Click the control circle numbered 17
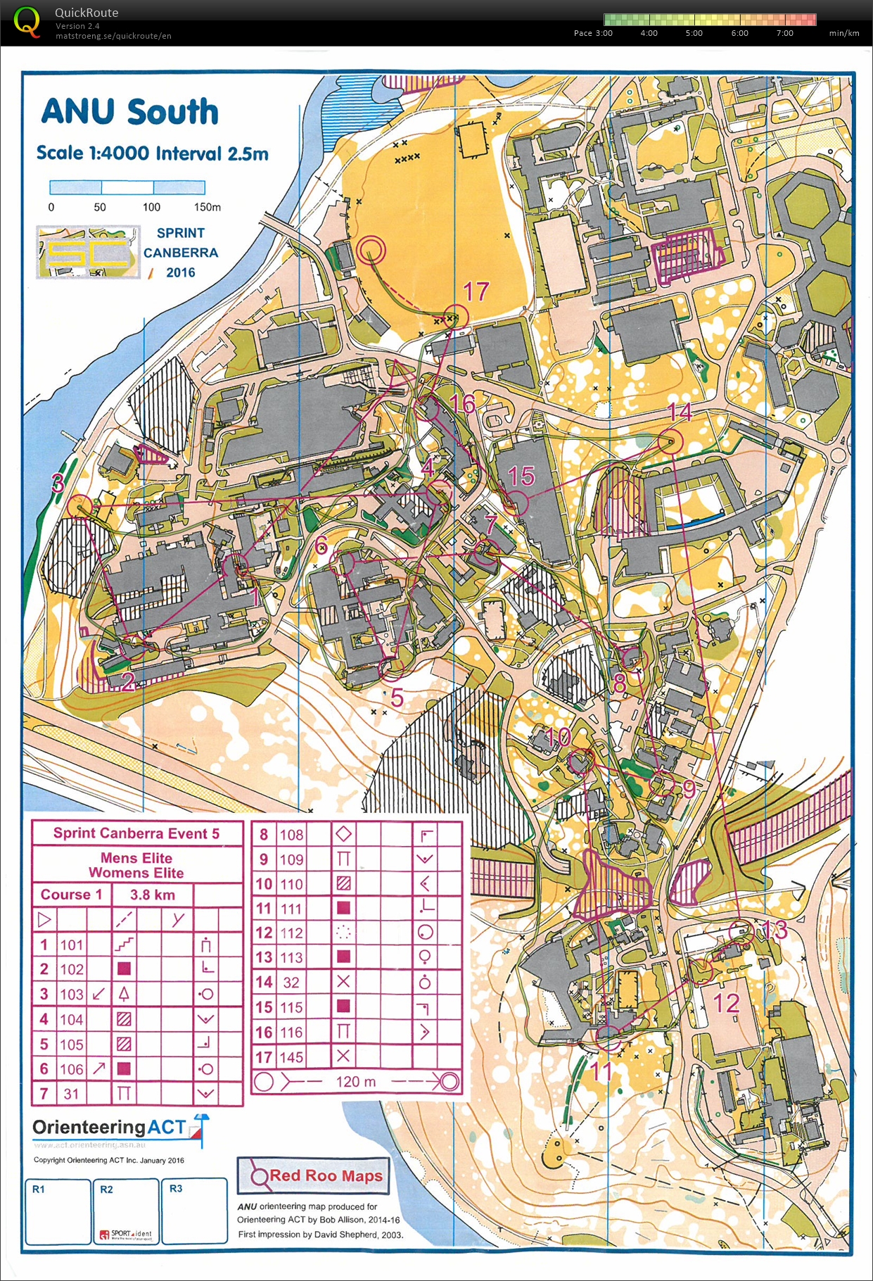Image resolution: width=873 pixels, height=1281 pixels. tap(456, 317)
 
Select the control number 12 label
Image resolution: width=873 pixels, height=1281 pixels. tap(727, 1003)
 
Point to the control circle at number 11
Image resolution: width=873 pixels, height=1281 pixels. tap(608, 1036)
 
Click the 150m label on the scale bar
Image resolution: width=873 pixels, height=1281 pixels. tap(207, 207)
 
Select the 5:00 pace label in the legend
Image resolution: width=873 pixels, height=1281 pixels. tap(694, 33)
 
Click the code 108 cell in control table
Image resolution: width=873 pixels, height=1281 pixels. tap(291, 835)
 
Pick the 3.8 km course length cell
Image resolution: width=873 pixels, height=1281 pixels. tap(153, 895)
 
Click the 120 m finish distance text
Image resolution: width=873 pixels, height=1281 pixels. tap(355, 1081)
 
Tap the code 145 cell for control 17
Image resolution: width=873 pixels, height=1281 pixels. tap(291, 1056)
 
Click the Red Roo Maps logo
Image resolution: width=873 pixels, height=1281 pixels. tap(314, 1175)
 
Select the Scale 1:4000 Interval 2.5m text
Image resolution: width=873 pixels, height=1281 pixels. tap(152, 153)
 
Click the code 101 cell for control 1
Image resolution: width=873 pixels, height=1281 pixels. tap(71, 945)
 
